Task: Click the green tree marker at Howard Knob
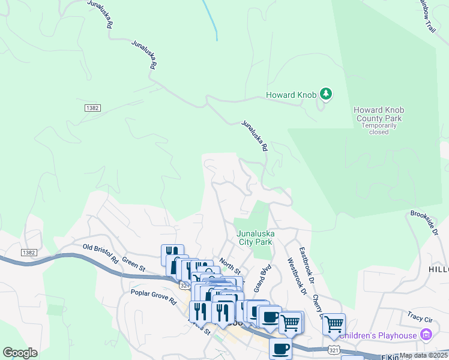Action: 325,94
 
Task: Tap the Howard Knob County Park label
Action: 378,114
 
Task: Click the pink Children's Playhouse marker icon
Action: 426,334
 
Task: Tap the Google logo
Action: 20,353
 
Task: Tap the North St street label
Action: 229,263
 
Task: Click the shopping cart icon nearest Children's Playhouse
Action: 334,325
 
